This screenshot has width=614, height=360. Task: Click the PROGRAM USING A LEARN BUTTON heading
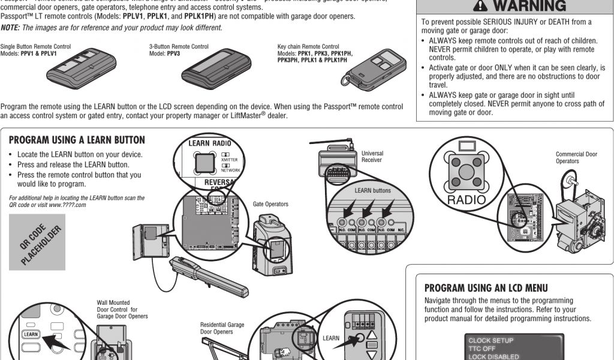[x=77, y=140]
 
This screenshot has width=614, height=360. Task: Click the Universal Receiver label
[x=372, y=157]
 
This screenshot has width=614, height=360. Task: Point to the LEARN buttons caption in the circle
[x=372, y=191]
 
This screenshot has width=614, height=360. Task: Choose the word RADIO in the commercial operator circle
[x=467, y=199]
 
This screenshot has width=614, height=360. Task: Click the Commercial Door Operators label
[x=576, y=158]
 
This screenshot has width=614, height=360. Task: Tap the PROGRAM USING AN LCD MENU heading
[x=494, y=288]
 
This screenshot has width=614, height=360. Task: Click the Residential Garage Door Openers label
[x=222, y=328]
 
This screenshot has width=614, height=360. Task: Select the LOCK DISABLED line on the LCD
[x=495, y=356]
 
